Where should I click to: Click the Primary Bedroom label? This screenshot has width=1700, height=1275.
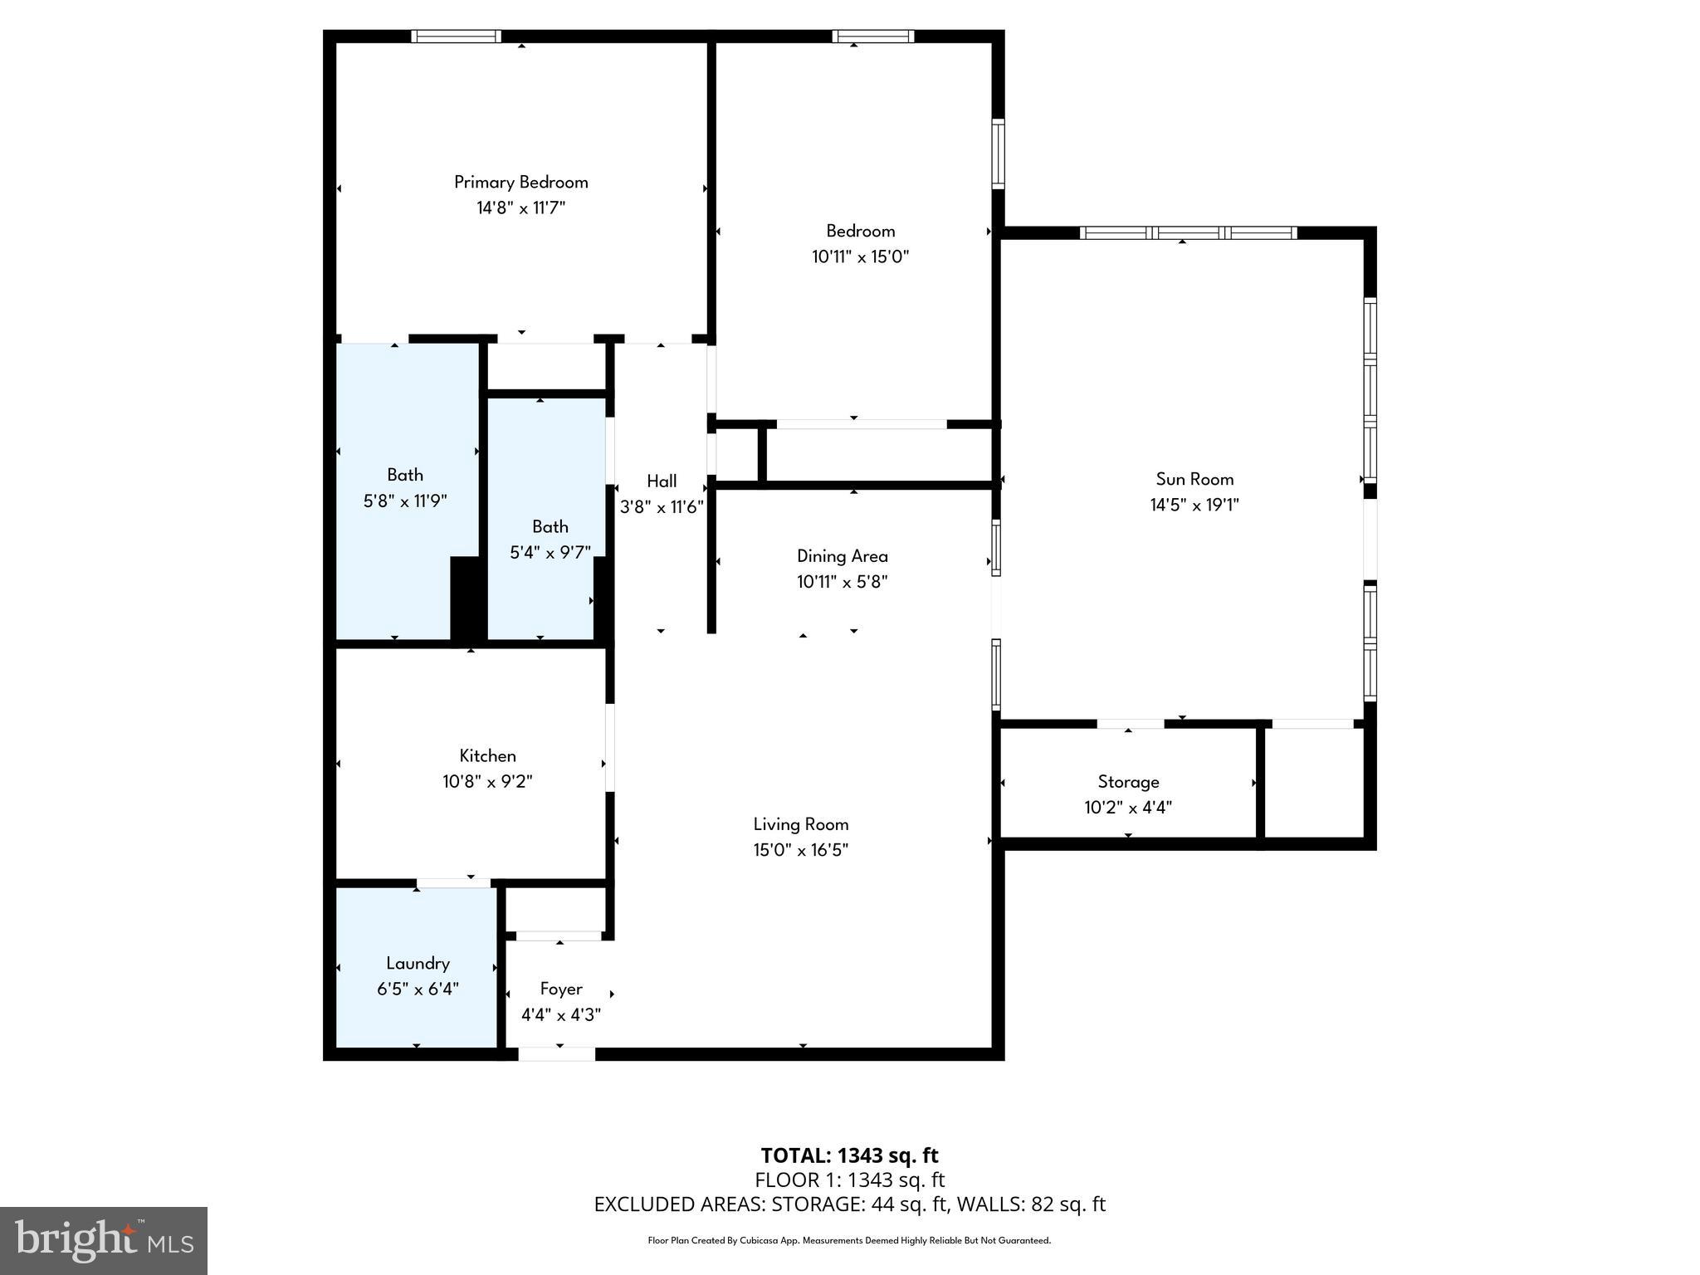coord(520,182)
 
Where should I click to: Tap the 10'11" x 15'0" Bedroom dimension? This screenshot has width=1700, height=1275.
coord(860,256)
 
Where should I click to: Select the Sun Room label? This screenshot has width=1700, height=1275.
coord(1194,479)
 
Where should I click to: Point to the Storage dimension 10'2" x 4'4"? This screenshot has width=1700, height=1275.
coord(1128,807)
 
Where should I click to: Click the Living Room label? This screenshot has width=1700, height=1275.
coord(800,824)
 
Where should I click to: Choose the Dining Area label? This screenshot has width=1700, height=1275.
coord(842,556)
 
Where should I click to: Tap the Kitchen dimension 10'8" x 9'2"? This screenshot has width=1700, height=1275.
coord(487,781)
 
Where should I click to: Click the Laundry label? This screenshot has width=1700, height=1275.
coord(418,963)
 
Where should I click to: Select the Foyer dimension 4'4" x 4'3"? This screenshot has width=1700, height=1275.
coord(560,1014)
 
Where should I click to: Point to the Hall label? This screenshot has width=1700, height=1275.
coord(662,481)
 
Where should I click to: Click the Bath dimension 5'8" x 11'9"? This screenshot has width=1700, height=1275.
coord(405,501)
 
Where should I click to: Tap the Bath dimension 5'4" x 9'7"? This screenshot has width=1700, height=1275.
coord(550,552)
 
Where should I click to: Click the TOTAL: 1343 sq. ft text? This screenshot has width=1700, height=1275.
coord(849,1155)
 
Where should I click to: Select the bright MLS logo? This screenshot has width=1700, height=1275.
coord(104,1240)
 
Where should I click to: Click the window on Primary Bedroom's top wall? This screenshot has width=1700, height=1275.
coord(456,36)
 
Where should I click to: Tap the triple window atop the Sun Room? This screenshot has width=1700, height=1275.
coord(1188,232)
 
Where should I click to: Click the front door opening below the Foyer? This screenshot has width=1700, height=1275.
coord(556,1054)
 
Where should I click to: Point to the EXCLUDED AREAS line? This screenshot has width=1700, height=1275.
coord(849,1204)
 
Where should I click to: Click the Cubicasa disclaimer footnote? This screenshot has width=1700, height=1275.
coord(849,1241)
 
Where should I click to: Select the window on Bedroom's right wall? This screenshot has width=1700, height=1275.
coord(999,154)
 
